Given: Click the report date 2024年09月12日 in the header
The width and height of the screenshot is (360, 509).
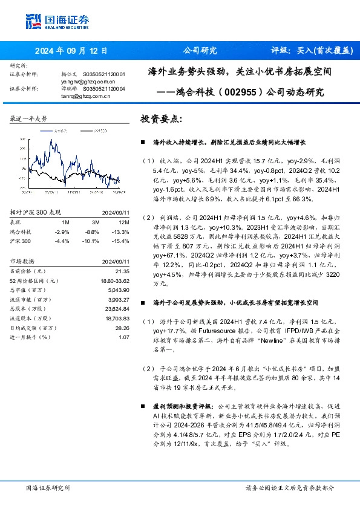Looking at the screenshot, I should [x=74, y=51].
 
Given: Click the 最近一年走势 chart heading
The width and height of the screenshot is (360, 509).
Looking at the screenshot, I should [x=28, y=118].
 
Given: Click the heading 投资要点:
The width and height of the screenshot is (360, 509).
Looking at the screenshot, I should [x=160, y=119].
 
